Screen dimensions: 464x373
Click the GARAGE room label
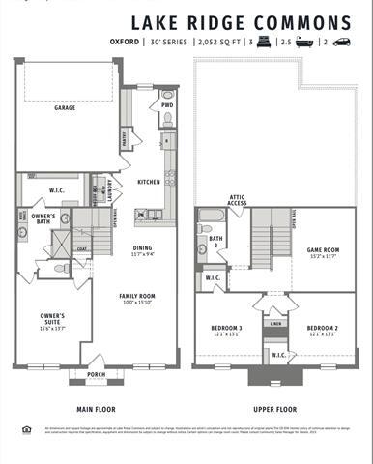[65, 108]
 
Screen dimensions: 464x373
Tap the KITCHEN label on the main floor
[148, 182]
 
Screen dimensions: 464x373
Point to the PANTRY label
[126, 141]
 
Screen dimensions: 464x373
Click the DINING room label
[142, 247]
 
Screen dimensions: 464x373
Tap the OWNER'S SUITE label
[52, 317]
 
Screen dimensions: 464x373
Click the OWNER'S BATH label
[43, 217]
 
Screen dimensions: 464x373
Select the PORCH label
[96, 374]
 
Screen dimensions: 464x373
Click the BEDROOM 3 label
[226, 329]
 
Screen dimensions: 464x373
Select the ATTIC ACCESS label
[238, 199]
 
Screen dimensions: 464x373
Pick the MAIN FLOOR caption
[96, 409]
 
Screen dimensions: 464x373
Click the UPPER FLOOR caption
[274, 409]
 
